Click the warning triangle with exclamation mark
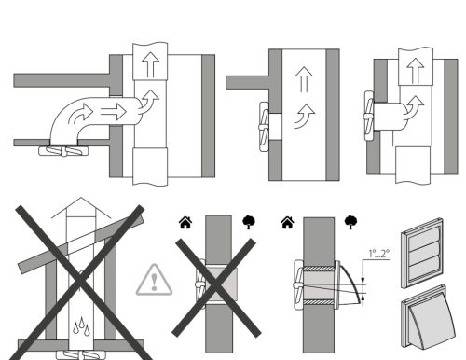coord(155,281)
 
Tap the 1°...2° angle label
coord(378,254)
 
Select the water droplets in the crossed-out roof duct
coord(81,325)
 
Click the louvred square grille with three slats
coord(422,253)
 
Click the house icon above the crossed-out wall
coord(185,222)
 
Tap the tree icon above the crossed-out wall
coord(249,222)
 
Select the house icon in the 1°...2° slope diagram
coord(287,222)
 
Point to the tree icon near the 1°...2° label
coord(350,222)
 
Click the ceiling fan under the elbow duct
coord(63,151)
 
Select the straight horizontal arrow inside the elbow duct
coord(114,112)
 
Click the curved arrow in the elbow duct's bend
coord(80,114)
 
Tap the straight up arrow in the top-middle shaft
coord(304,80)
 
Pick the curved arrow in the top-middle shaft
coord(305,117)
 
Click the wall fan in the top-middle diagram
coord(264,127)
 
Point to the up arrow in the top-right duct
coord(416,71)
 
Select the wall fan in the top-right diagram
coord(369,116)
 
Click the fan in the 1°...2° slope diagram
coord(299,284)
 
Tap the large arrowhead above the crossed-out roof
coord(81,208)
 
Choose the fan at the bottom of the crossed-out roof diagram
coord(81,354)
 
